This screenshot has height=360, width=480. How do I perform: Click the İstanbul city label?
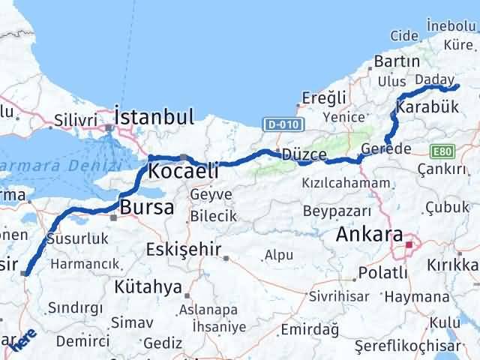point(154,117)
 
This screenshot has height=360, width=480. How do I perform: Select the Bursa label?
point(147,207)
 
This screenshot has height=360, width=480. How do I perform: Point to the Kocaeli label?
point(184,172)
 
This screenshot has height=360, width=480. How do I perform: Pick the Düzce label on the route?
point(304,155)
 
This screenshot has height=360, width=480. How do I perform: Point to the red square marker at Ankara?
point(409,244)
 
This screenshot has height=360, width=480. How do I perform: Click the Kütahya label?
point(148,286)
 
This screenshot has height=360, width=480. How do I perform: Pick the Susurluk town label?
point(78,239)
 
